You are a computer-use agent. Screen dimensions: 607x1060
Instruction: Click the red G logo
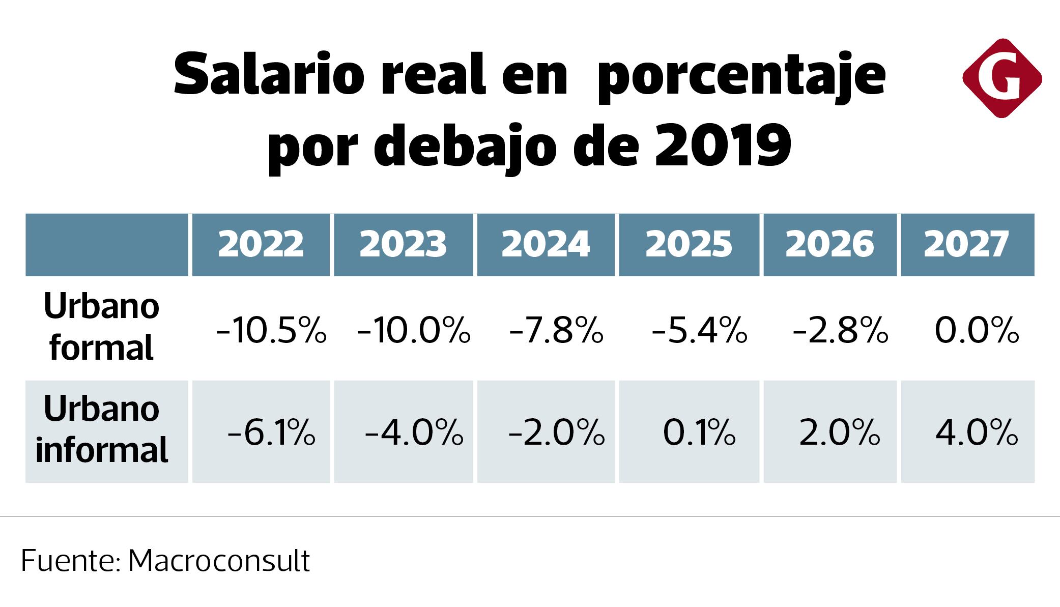(x=1001, y=79)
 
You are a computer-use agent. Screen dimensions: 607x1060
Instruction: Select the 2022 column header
(x=261, y=244)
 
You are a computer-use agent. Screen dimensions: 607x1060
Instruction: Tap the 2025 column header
(x=689, y=244)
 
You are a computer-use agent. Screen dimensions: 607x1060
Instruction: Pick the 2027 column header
(x=966, y=244)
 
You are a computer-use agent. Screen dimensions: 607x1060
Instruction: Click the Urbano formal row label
(x=102, y=327)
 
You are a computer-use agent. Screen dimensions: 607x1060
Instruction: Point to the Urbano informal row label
(x=102, y=430)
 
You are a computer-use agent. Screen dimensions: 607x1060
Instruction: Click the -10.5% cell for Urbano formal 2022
(x=271, y=330)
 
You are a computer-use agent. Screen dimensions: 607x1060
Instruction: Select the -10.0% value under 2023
(x=414, y=330)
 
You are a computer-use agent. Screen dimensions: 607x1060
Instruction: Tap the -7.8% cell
(x=556, y=330)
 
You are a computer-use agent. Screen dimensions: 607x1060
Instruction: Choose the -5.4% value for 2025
(x=699, y=330)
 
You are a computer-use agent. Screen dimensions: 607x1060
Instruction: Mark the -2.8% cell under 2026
(x=840, y=330)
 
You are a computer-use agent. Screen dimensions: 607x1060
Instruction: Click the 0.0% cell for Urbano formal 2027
(x=977, y=330)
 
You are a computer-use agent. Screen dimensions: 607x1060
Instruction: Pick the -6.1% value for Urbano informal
(x=271, y=433)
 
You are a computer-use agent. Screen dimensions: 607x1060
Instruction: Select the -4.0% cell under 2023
(x=414, y=433)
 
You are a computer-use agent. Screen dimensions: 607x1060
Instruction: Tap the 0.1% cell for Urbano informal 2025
(x=699, y=433)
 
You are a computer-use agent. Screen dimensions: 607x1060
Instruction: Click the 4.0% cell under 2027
(x=977, y=433)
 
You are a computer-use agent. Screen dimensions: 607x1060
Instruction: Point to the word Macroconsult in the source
(x=219, y=561)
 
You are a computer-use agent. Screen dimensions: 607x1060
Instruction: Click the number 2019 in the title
(x=723, y=146)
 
